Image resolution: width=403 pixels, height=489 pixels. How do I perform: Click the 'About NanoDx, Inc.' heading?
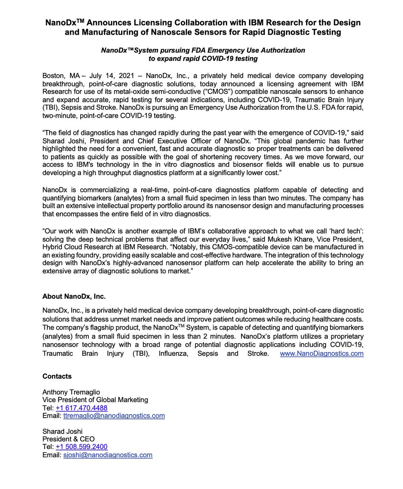[74, 296]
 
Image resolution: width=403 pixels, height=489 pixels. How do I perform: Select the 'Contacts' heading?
[57, 376]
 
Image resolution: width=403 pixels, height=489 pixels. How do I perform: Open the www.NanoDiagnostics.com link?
[322, 353]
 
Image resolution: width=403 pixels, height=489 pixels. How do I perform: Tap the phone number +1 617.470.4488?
[81, 408]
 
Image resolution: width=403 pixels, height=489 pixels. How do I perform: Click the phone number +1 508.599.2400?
[81, 447]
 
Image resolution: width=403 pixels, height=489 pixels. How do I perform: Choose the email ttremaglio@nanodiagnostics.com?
[114, 416]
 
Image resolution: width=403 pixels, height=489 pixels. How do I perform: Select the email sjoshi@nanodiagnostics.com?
[108, 455]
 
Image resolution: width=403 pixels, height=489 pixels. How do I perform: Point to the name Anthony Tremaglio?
[71, 392]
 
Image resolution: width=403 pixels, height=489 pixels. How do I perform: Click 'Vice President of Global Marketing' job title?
[95, 400]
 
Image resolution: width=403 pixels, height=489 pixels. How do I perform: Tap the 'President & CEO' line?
[68, 439]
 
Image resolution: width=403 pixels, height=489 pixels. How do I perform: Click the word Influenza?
[173, 353]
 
